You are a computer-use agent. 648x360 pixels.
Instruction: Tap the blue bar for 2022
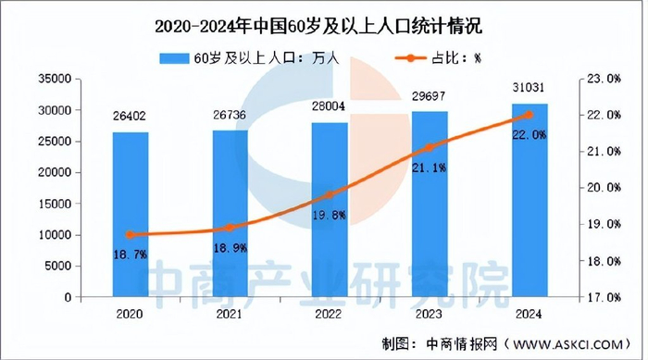tap(329, 209)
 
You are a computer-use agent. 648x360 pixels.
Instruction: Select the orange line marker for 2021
tap(230, 228)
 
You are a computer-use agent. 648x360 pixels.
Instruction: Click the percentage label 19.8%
tap(329, 215)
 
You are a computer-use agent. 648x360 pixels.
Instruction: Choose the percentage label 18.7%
tap(131, 254)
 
